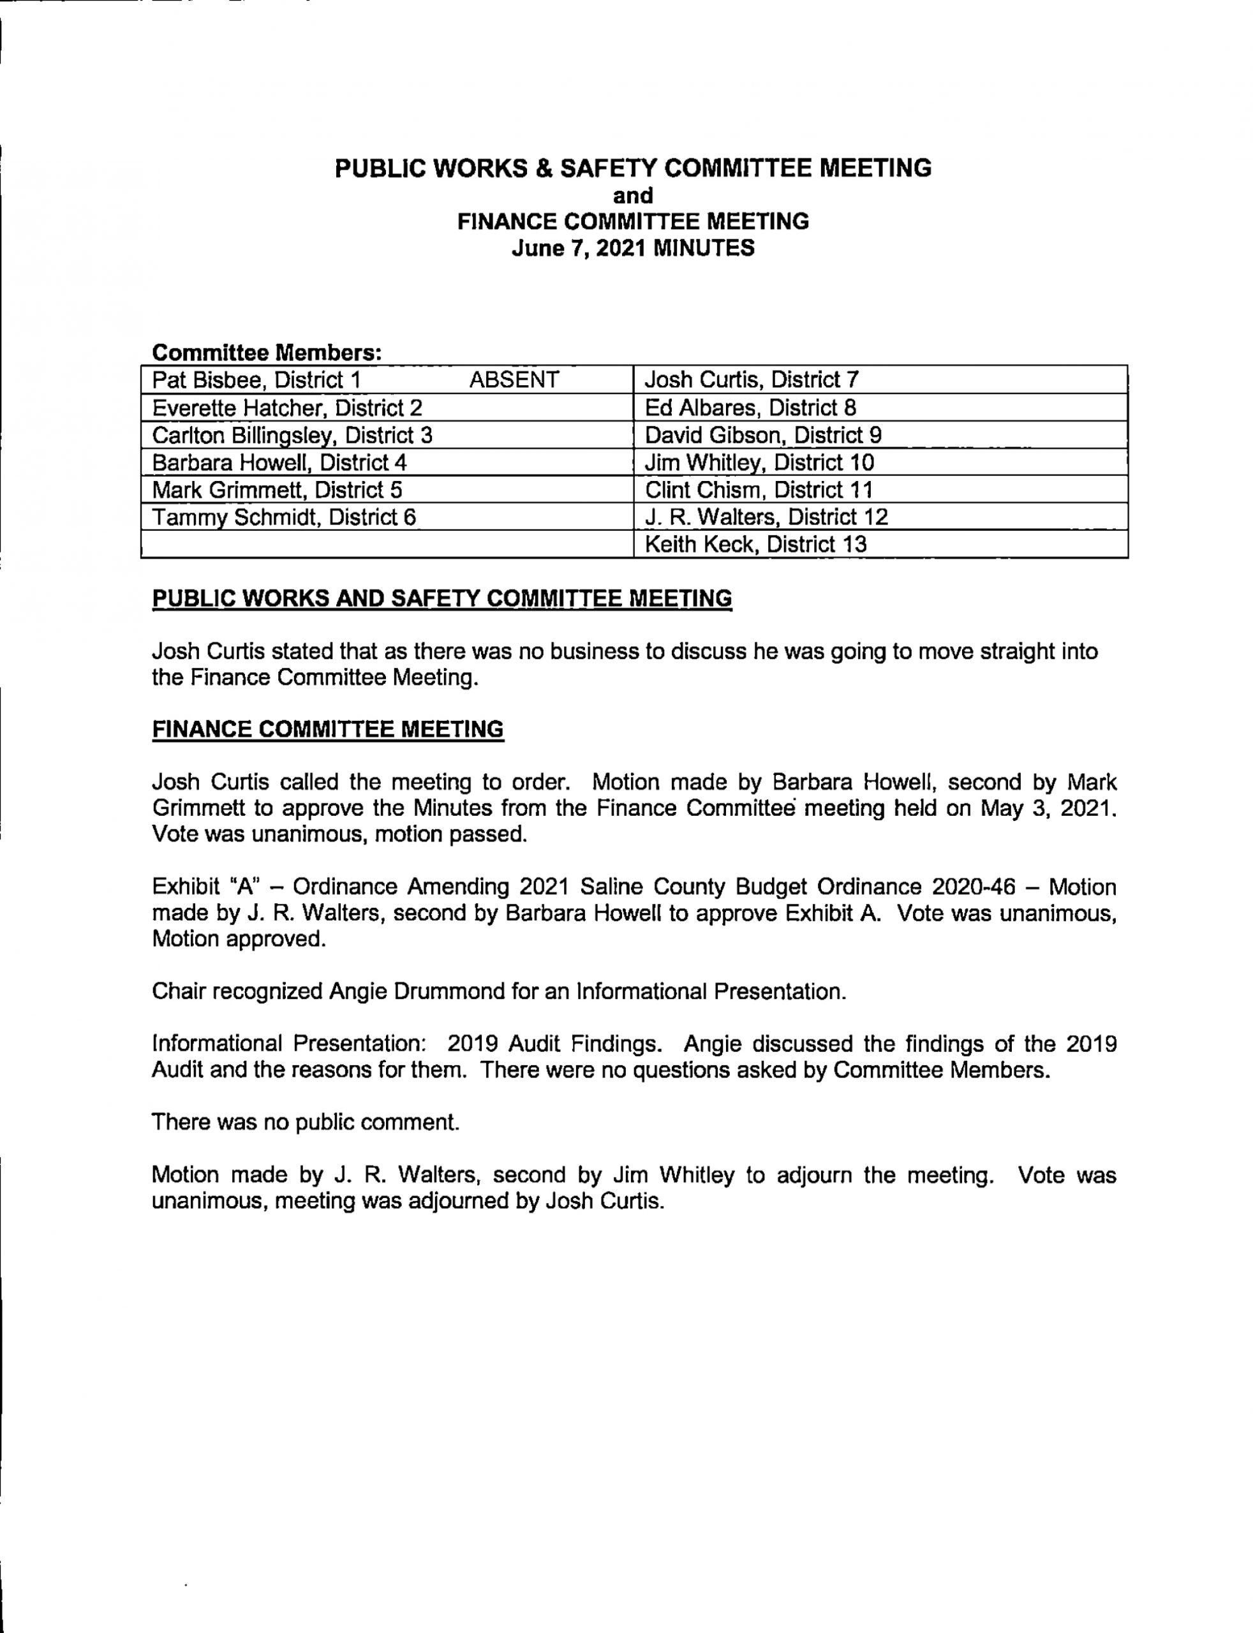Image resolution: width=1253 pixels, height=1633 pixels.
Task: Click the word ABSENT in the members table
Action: click(x=514, y=380)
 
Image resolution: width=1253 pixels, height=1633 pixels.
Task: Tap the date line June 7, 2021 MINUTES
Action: click(x=632, y=248)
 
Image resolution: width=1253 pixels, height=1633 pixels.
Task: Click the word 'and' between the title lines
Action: click(x=632, y=195)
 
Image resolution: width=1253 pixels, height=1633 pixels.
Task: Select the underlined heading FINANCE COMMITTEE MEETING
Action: click(x=327, y=729)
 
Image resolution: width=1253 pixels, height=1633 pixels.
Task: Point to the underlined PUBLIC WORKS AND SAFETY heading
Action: click(x=441, y=599)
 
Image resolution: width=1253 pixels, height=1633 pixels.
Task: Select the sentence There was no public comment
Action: click(x=305, y=1122)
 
